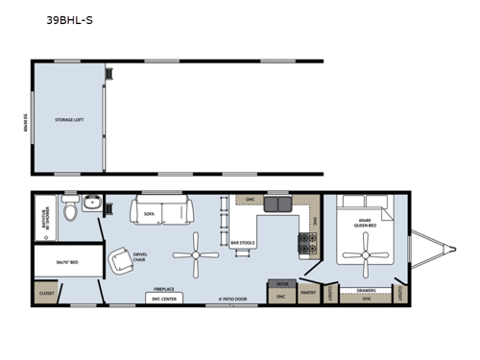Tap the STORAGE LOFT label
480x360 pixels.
(x=71, y=118)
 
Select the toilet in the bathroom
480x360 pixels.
(x=70, y=211)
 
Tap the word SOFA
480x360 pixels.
(x=149, y=215)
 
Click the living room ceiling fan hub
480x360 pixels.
(x=196, y=255)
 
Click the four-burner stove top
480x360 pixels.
(x=308, y=244)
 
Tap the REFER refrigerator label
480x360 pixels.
(x=282, y=285)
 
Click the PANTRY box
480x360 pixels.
(x=309, y=292)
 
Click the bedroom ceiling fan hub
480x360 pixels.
(x=365, y=256)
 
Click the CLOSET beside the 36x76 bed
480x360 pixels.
(x=47, y=292)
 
